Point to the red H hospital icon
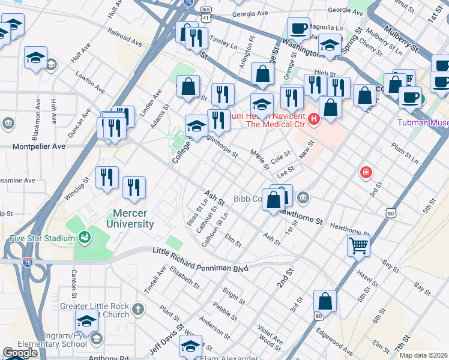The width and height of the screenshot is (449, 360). point(313,121)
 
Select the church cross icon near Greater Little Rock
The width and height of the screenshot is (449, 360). point(138,310)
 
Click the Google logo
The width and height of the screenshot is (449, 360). point(20,353)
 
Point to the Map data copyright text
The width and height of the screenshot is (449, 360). point(423,355)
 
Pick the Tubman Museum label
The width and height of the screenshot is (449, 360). point(423,122)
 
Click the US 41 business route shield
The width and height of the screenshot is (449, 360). point(206,16)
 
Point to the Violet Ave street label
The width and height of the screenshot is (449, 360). point(270,334)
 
